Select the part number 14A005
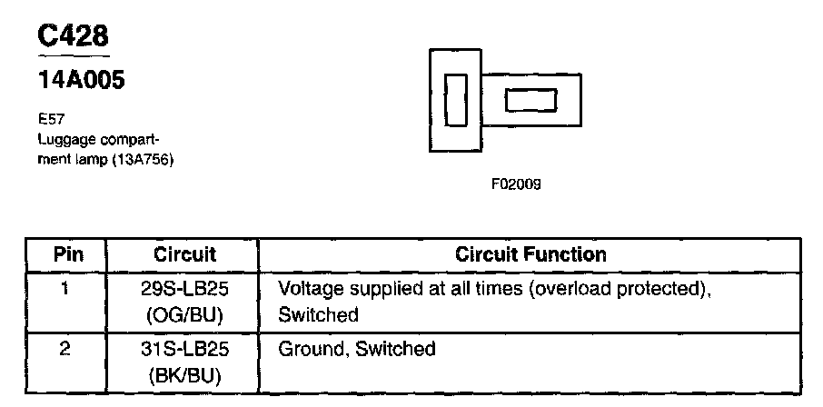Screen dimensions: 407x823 click(81, 81)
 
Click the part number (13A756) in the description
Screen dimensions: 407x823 click(142, 159)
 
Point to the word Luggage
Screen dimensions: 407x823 click(61, 139)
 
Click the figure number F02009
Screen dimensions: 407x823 click(516, 184)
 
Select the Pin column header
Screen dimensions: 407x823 click(68, 254)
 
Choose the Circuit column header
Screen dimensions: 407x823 click(185, 254)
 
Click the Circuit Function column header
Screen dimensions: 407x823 click(530, 254)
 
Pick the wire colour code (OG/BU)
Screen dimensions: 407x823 click(185, 315)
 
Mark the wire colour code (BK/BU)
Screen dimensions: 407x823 click(185, 375)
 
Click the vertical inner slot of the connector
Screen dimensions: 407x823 click(455, 100)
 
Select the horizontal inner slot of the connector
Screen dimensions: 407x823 click(530, 100)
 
